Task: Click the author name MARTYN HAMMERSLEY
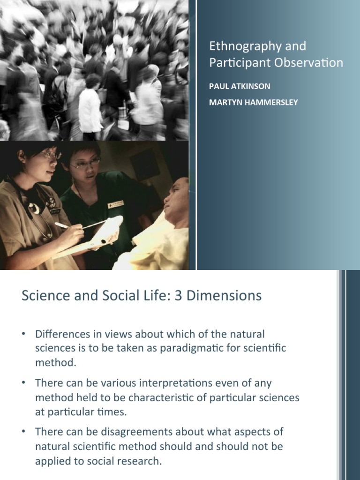click(254, 102)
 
